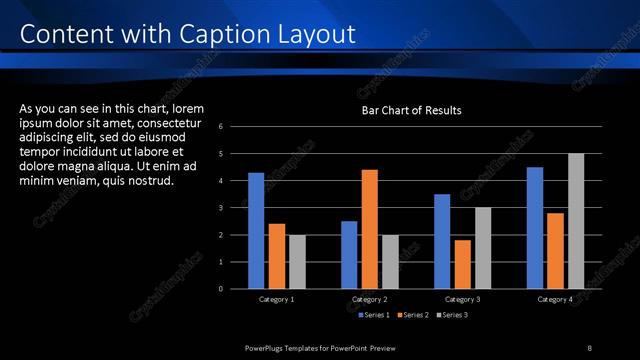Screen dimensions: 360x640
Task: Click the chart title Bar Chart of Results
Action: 411,110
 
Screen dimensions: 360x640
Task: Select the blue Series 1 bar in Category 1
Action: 256,230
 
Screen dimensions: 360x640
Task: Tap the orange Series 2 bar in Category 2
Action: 369,229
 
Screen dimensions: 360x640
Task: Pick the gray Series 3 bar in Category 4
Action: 576,221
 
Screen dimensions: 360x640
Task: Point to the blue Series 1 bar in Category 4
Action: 535,227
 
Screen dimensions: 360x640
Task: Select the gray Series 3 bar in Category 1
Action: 296,261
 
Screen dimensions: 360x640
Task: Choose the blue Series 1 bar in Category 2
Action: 349,254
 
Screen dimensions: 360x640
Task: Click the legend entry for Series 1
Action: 375,316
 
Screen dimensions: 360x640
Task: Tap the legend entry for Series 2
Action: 413,316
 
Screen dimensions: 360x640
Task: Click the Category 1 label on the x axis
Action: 276,300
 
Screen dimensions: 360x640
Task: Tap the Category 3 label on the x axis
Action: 462,300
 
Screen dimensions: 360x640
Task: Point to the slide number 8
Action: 589,347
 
